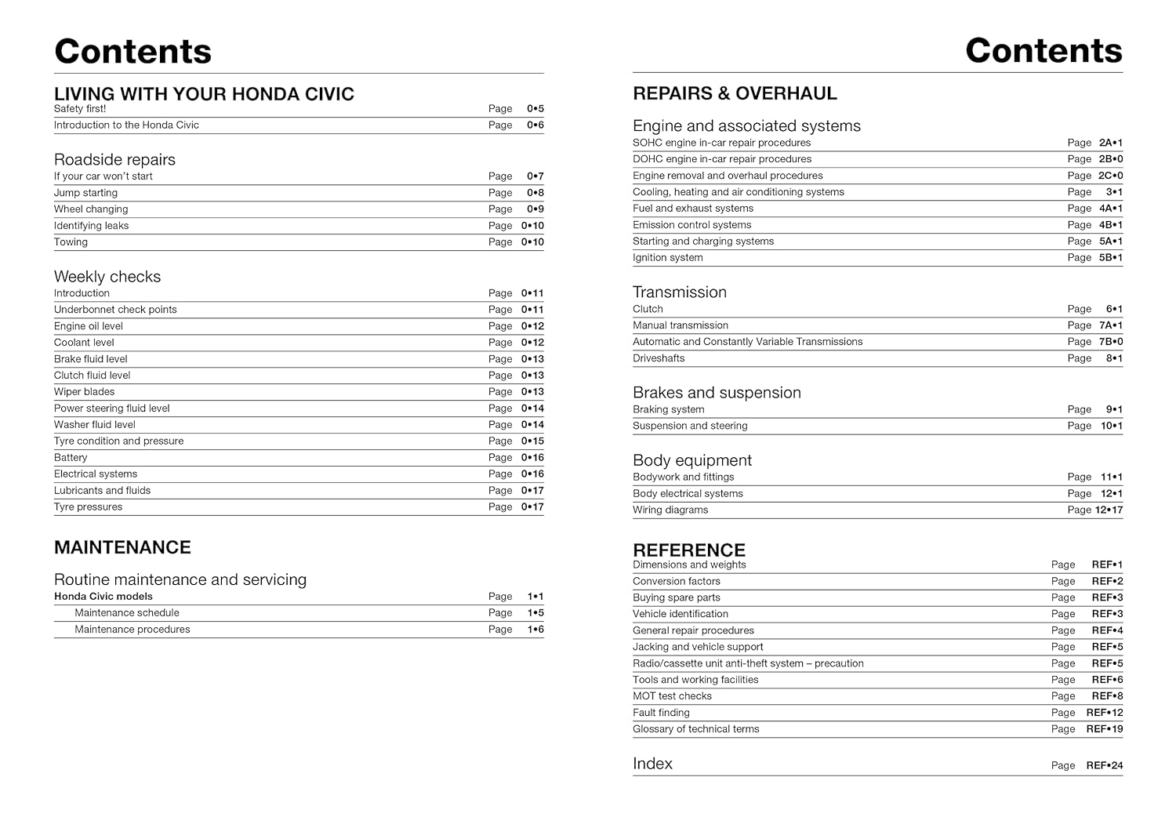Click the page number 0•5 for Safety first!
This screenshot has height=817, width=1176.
[535, 109]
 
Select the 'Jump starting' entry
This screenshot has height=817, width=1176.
[85, 193]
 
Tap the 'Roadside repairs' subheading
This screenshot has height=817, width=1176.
[114, 160]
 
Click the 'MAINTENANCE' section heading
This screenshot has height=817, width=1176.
[122, 547]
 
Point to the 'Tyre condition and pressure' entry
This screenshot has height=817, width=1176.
[118, 441]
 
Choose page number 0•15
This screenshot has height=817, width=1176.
[532, 441]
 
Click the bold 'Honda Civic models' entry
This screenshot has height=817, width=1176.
[103, 597]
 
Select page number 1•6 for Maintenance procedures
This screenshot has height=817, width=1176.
[535, 630]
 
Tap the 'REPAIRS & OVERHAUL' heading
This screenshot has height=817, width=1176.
[735, 93]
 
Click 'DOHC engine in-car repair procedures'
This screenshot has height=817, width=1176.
[722, 159]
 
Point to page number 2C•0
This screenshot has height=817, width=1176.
[1110, 176]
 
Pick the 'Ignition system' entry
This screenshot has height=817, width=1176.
[668, 258]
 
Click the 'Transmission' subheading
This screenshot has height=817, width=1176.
[680, 292]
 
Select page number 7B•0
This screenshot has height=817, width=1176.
[1110, 342]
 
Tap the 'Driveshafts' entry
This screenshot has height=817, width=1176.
[659, 358]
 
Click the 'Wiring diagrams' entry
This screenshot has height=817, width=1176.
[670, 510]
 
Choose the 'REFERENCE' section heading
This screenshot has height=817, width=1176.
[689, 550]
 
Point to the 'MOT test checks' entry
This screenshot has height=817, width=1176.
[672, 696]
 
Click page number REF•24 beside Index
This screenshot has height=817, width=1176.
[1104, 765]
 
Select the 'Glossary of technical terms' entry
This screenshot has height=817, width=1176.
[695, 729]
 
